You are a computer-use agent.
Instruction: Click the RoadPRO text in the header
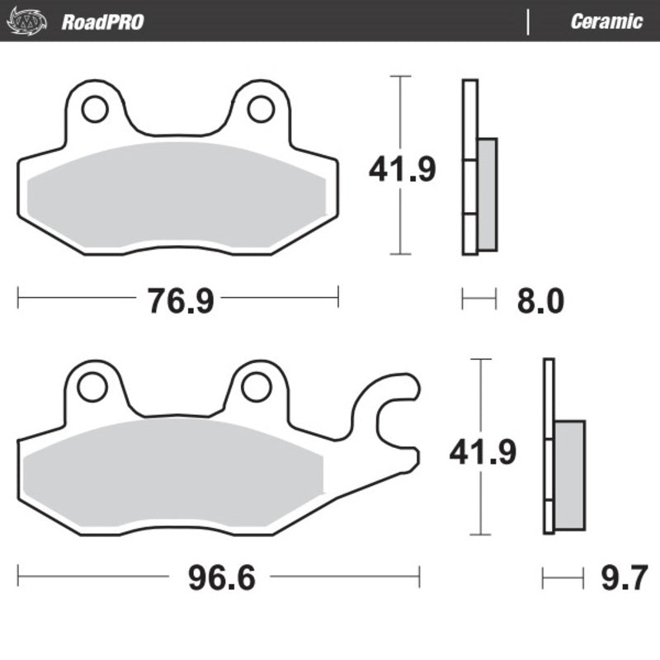pyautogui.click(x=102, y=21)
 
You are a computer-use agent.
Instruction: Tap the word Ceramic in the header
pyautogui.click(x=606, y=21)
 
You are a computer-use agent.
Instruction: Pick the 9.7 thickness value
pyautogui.click(x=623, y=577)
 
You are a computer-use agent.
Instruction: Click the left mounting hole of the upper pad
pyautogui.click(x=94, y=109)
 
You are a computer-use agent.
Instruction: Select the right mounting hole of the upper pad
pyautogui.click(x=261, y=109)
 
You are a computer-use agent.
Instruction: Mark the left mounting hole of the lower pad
pyautogui.click(x=93, y=385)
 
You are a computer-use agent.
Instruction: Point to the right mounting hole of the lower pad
pyautogui.click(x=257, y=385)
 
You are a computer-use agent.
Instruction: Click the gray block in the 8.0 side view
pyautogui.click(x=488, y=194)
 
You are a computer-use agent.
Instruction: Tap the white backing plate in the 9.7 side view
pyautogui.click(x=549, y=445)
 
